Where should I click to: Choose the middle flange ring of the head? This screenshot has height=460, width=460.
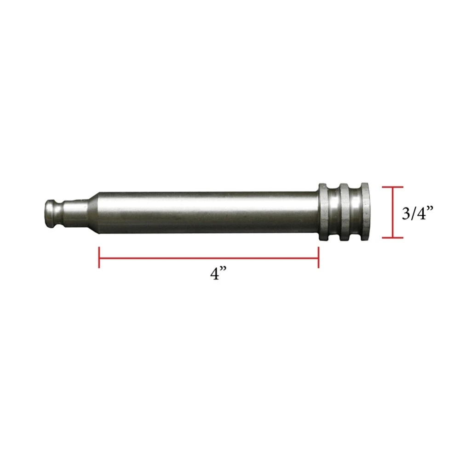345,212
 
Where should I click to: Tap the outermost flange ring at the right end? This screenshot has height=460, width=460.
366,212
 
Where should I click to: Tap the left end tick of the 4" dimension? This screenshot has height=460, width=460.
99,258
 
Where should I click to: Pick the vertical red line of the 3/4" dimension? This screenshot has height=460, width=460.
392,213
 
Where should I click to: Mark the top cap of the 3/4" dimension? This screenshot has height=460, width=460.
392,187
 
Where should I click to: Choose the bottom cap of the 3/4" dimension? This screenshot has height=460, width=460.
392,238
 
